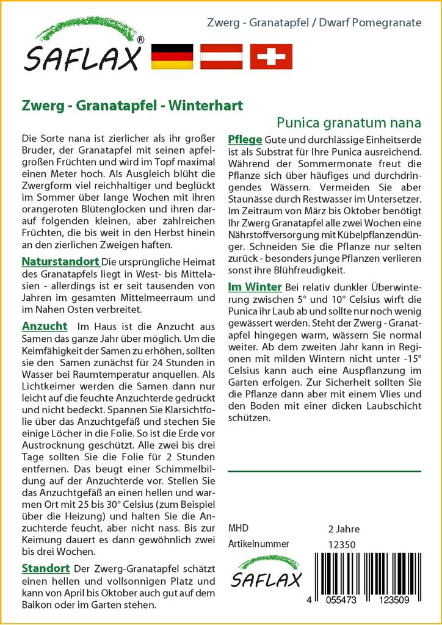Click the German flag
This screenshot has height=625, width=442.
[x=172, y=56]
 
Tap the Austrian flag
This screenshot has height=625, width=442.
[x=222, y=56]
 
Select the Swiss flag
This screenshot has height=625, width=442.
[x=271, y=56]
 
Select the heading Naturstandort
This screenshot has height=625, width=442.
[x=60, y=262]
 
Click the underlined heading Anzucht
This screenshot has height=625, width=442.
[x=44, y=326]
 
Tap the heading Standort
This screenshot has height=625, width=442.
[x=45, y=568]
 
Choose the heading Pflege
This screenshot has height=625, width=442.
[x=245, y=138]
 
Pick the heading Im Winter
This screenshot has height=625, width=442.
[x=254, y=287]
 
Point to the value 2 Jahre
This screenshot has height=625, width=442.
[x=344, y=529]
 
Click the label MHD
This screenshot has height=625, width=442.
[x=237, y=529]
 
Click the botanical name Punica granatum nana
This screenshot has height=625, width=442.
[x=349, y=122]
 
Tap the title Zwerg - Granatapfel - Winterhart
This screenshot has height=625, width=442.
[x=131, y=105]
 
